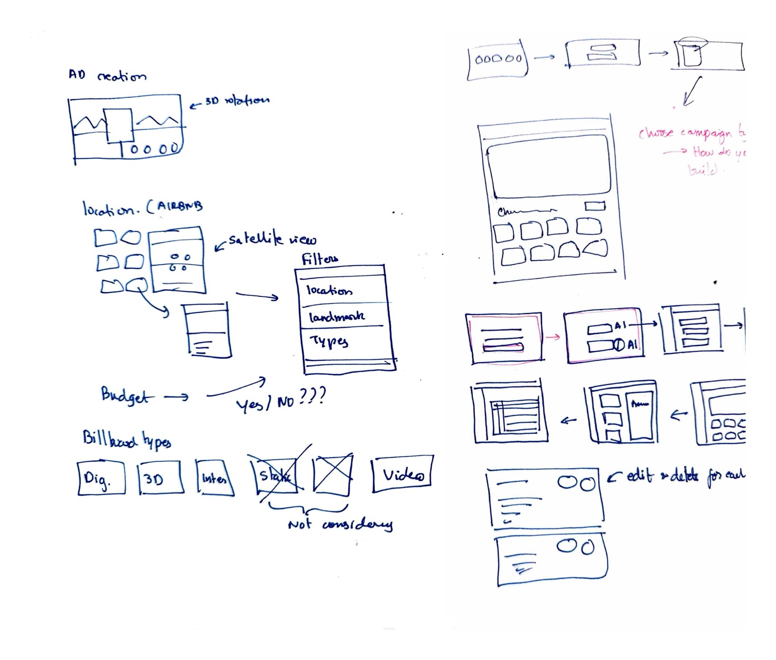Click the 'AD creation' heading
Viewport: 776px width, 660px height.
(107, 75)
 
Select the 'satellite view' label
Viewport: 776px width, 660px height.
(272, 239)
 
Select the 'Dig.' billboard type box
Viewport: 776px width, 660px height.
(101, 478)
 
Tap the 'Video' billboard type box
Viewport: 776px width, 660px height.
(403, 474)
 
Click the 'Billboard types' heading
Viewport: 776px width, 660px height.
(127, 439)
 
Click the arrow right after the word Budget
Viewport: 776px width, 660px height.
(176, 396)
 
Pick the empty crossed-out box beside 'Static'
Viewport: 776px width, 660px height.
(333, 473)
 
